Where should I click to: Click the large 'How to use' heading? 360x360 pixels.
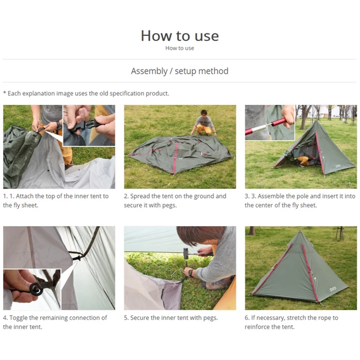[179, 35]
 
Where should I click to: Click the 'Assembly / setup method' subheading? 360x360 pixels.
[179, 71]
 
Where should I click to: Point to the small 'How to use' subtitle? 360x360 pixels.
[179, 48]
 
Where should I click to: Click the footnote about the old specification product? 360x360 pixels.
[86, 93]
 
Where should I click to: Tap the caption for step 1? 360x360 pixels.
[56, 200]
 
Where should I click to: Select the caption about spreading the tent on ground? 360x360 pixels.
[175, 200]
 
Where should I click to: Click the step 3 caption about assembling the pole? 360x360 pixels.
[300, 200]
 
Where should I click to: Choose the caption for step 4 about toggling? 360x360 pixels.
[55, 322]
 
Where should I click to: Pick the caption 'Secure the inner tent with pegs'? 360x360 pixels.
[171, 318]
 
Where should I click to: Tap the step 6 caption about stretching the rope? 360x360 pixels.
[292, 322]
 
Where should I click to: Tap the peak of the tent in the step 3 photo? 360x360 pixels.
[316, 119]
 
